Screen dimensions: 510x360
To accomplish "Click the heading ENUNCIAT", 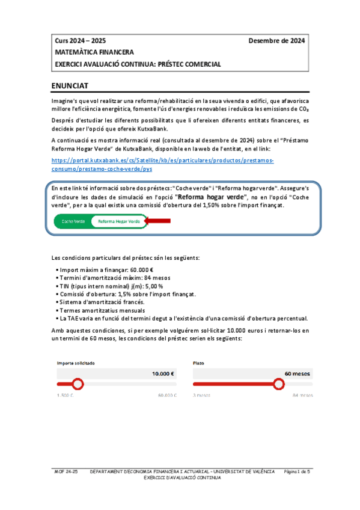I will [71, 86].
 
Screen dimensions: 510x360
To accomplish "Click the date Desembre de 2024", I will [276, 41].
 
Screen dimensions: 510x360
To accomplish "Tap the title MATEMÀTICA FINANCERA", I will [94, 52].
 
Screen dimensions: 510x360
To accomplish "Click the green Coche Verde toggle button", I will [74, 221].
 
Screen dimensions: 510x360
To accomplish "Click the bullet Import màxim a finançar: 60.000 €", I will [106, 269].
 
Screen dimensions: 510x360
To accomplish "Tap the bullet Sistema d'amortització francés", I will [101, 302].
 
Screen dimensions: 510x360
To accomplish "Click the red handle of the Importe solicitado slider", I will [77, 384].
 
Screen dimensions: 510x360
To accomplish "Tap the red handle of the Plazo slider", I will [278, 384].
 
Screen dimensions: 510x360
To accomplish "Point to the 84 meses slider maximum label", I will [302, 396].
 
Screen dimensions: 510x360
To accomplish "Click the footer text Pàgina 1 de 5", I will [296, 472].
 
